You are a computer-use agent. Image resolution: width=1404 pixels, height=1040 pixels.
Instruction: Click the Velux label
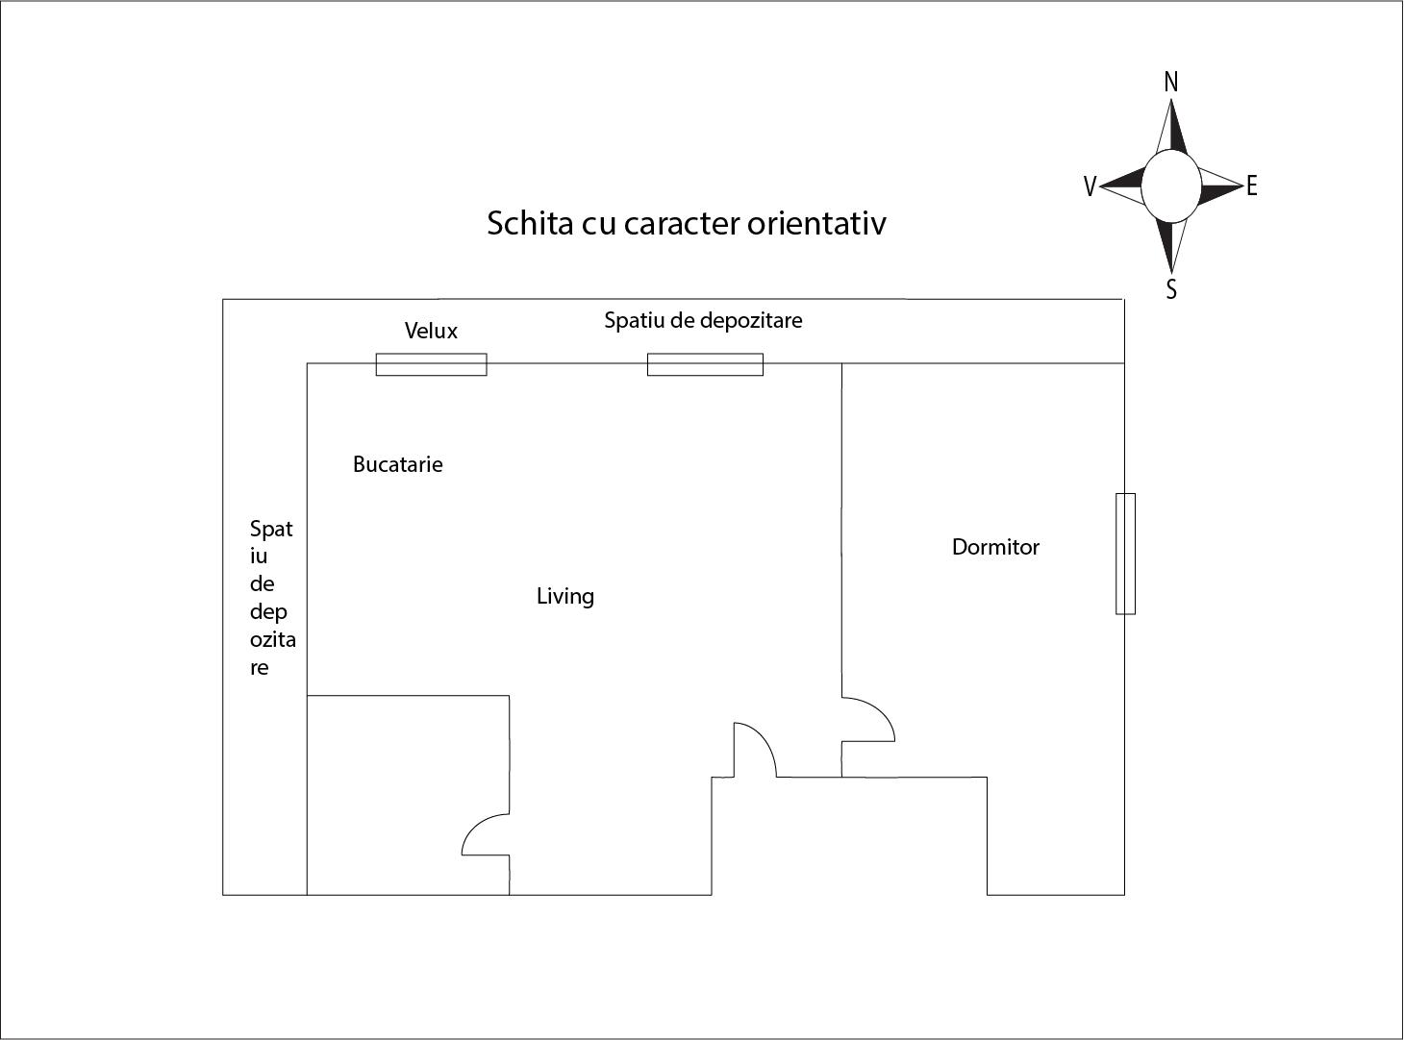[x=431, y=331]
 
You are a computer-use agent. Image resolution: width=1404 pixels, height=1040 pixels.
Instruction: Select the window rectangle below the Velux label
[x=431, y=364]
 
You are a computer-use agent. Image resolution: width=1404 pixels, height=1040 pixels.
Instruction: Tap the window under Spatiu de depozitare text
[x=705, y=364]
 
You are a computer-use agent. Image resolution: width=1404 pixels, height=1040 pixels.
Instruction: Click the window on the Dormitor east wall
[x=1125, y=554]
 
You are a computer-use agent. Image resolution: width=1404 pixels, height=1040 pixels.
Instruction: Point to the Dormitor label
[x=995, y=547]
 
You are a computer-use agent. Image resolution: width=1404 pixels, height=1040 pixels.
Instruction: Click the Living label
[x=565, y=596]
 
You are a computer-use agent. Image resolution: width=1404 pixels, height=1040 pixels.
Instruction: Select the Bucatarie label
[x=397, y=464]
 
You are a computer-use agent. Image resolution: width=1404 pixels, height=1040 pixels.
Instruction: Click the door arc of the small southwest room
[x=476, y=826]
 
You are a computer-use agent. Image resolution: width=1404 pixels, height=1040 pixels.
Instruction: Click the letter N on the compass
[x=1171, y=83]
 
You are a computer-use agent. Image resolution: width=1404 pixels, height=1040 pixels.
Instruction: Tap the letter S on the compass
[x=1171, y=289]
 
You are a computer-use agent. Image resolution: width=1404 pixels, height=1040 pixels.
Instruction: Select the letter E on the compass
[x=1251, y=186]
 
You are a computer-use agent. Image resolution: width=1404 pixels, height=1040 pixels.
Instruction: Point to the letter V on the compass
[x=1090, y=186]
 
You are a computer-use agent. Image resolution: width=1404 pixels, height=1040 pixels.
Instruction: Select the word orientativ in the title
[x=816, y=223]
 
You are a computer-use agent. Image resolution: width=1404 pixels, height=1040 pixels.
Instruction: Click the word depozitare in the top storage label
[x=751, y=321]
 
